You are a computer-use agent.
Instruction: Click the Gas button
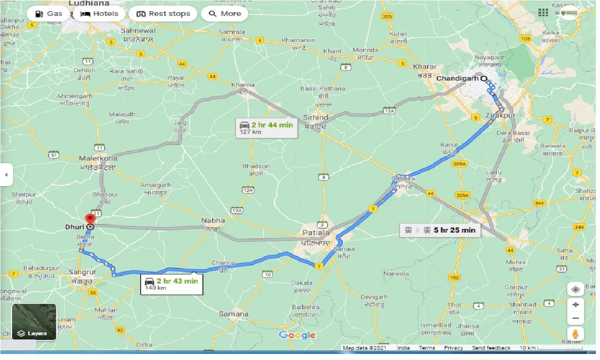pyautogui.click(x=49, y=14)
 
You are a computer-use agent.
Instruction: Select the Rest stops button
pyautogui.click(x=163, y=14)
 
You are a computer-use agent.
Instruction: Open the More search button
pyautogui.click(x=225, y=14)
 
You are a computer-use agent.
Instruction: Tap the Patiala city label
pyautogui.click(x=316, y=232)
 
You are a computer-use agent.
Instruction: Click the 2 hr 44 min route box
pyautogui.click(x=267, y=128)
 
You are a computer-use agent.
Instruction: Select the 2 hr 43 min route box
pyautogui.click(x=172, y=283)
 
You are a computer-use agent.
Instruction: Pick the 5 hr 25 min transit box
pyautogui.click(x=440, y=230)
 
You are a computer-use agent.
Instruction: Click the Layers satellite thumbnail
pyautogui.click(x=34, y=322)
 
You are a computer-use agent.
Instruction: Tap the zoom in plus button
pyautogui.click(x=575, y=305)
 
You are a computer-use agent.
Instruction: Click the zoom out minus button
pyautogui.click(x=575, y=319)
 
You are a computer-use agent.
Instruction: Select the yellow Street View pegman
pyautogui.click(x=575, y=334)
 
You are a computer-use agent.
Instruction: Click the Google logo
pyautogui.click(x=297, y=335)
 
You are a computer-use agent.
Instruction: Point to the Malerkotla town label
pyautogui.click(x=98, y=158)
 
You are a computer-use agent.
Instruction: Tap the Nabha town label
pyautogui.click(x=213, y=220)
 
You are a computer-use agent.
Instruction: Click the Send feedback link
pyautogui.click(x=491, y=348)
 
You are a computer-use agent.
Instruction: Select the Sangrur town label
pyautogui.click(x=82, y=272)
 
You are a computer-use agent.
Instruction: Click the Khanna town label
pyautogui.click(x=243, y=85)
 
